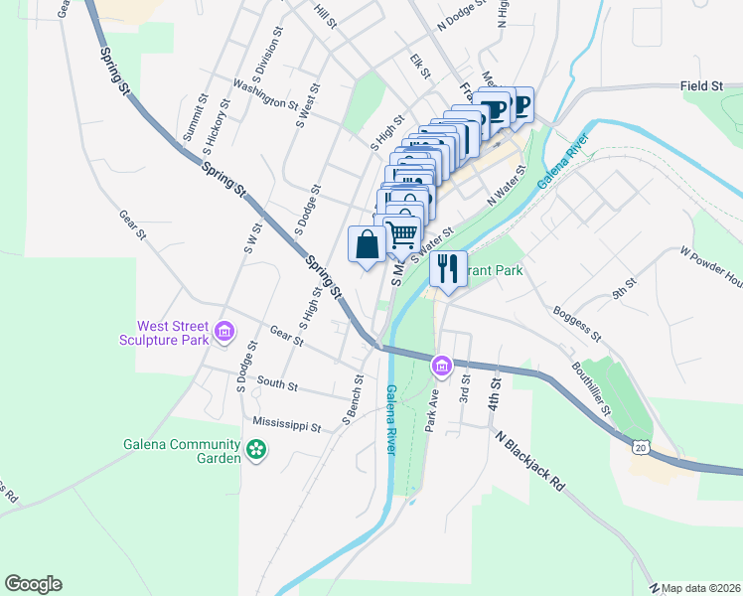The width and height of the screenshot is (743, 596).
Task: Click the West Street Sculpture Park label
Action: coord(172,333)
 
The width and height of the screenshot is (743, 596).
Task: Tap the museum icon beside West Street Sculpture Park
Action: coord(224,331)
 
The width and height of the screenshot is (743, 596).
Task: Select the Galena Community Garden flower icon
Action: coord(256,450)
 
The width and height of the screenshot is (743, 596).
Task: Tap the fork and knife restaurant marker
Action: coord(448,268)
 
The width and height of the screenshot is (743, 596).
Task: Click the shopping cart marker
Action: coord(402,234)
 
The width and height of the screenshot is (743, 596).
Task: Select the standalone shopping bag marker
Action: coord(367,244)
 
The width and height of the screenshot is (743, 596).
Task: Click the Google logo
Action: coord(33,584)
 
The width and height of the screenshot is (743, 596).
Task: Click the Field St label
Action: coord(701,87)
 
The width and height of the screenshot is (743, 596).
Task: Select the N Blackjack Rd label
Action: coord(530,460)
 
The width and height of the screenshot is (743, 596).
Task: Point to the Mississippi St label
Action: coord(287,425)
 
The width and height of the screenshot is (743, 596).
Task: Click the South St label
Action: coord(277,383)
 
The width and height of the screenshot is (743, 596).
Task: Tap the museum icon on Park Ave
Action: coord(442,368)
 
